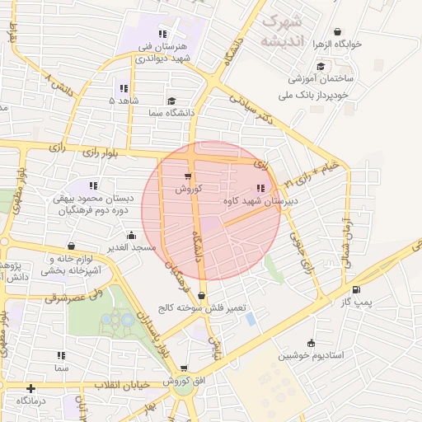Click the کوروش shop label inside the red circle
point(188,189)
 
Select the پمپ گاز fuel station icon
point(355,289)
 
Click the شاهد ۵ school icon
point(124,88)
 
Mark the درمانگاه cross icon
point(30,387)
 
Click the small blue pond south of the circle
point(250,318)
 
